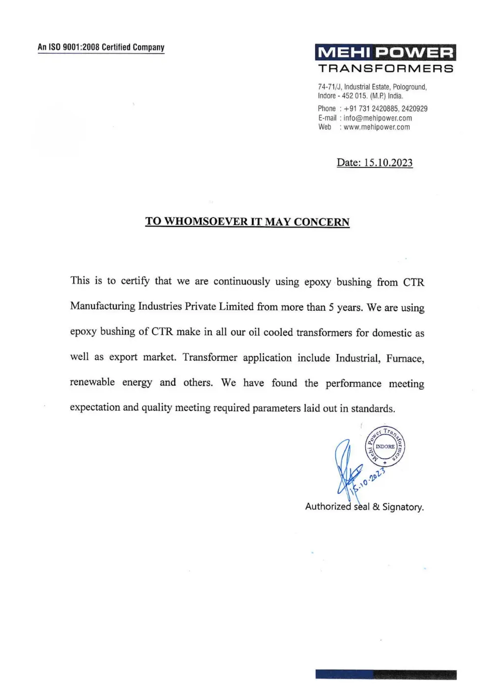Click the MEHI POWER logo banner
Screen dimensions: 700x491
(x=385, y=53)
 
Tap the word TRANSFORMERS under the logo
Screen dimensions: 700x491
(x=385, y=68)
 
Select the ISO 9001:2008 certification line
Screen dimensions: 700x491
(x=101, y=47)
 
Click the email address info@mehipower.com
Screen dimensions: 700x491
(x=378, y=118)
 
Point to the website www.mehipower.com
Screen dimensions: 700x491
(x=377, y=127)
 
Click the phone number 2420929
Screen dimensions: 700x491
(x=414, y=108)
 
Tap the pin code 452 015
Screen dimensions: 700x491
(x=355, y=96)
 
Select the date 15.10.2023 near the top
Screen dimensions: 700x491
(x=388, y=162)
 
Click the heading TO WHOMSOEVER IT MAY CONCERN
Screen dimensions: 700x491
(x=247, y=221)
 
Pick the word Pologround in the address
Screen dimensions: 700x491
(x=409, y=87)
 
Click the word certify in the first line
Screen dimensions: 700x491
(x=135, y=281)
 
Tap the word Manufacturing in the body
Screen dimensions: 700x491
(x=102, y=306)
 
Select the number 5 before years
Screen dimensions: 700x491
(x=331, y=307)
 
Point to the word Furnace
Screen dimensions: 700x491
(x=405, y=358)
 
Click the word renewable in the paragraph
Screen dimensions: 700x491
(x=92, y=382)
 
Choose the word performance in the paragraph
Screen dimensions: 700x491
(x=353, y=383)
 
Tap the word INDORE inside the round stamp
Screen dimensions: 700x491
(x=385, y=446)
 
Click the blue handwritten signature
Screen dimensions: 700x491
(x=345, y=466)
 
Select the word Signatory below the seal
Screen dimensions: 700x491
(x=403, y=507)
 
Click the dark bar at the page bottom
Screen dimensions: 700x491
(x=385, y=674)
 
